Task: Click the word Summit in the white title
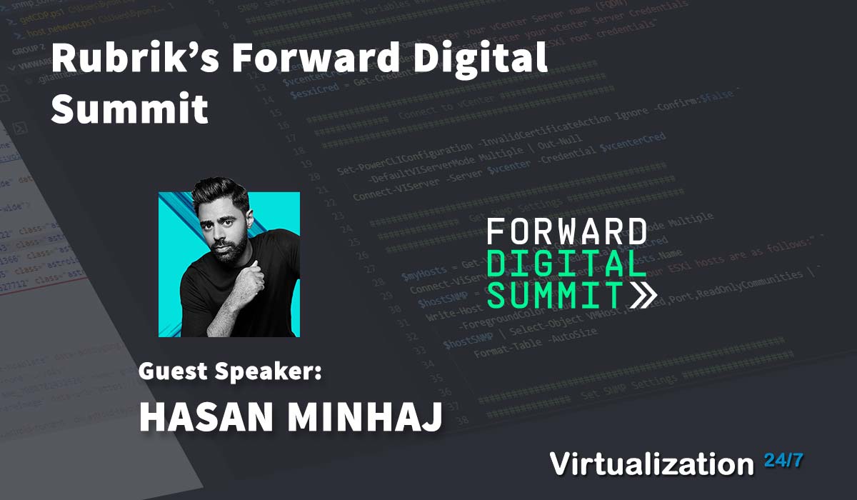pyautogui.click(x=129, y=109)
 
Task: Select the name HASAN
pyautogui.click(x=204, y=416)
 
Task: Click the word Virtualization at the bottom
pyautogui.click(x=652, y=464)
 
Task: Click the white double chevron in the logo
pyautogui.click(x=641, y=294)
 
